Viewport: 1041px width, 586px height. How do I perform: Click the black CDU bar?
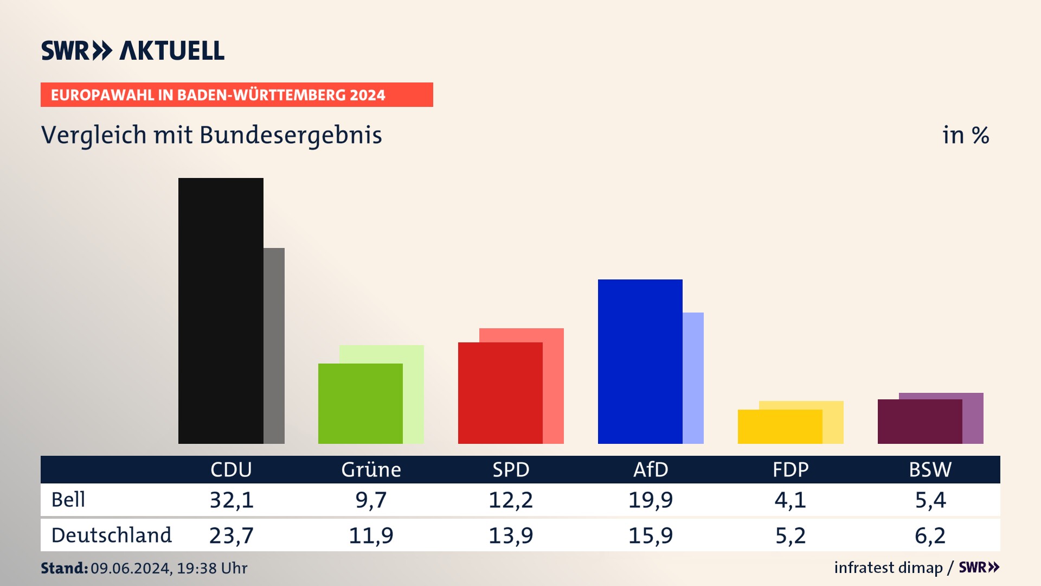[x=221, y=310]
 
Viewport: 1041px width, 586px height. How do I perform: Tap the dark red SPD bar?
[x=500, y=393]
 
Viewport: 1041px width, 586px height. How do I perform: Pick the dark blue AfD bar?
[x=640, y=361]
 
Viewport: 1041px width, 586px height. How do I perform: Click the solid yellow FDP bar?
[x=780, y=426]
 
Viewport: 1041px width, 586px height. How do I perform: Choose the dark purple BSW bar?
[x=920, y=422]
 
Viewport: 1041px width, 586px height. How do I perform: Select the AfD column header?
[x=651, y=469]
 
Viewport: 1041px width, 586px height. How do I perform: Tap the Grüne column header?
[x=371, y=469]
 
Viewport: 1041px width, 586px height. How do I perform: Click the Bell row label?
[x=68, y=499]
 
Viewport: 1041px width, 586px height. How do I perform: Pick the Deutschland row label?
[x=111, y=535]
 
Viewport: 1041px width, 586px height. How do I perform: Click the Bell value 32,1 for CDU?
[x=232, y=500]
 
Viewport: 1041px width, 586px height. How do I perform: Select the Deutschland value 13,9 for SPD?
[x=511, y=536]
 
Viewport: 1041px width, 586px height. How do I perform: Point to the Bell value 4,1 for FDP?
[x=790, y=500]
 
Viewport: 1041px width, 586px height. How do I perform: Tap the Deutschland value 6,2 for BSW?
[x=930, y=536]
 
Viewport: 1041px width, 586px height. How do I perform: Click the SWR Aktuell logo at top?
[x=133, y=50]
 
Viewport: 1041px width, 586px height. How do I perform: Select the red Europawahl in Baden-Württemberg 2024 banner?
[x=236, y=94]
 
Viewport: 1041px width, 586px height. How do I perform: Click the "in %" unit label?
[x=965, y=135]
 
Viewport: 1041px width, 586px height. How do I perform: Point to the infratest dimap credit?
[x=888, y=568]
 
